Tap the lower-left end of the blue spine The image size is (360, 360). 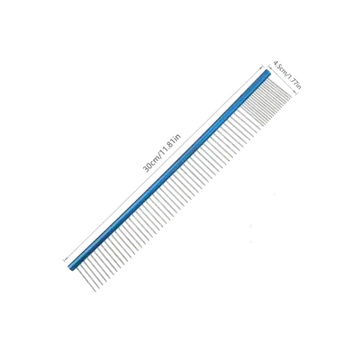(x=69, y=268)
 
